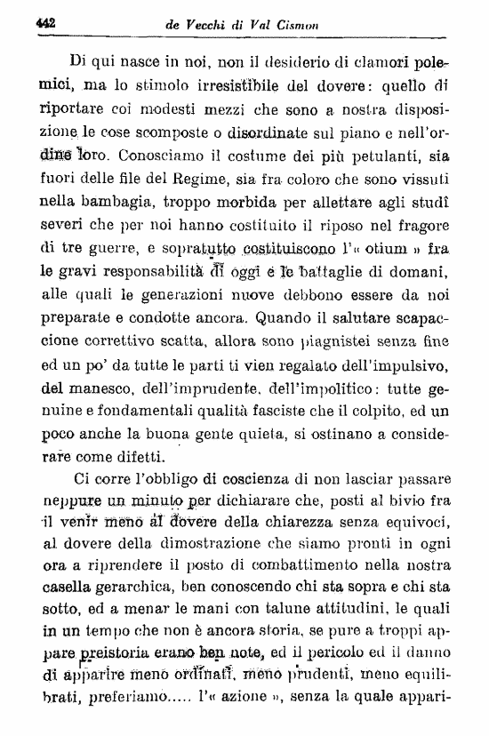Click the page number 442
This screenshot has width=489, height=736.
point(44,26)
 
